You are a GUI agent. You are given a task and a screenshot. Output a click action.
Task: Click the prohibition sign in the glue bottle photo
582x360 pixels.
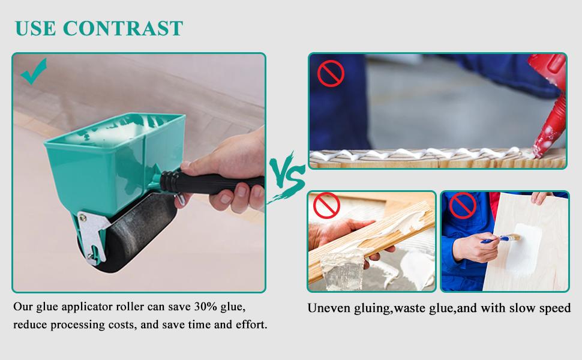(x=330, y=74)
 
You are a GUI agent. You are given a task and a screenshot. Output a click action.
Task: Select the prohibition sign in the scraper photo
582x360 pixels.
(x=327, y=206)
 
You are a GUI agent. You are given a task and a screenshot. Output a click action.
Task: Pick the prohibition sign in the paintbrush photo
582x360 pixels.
(x=463, y=206)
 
